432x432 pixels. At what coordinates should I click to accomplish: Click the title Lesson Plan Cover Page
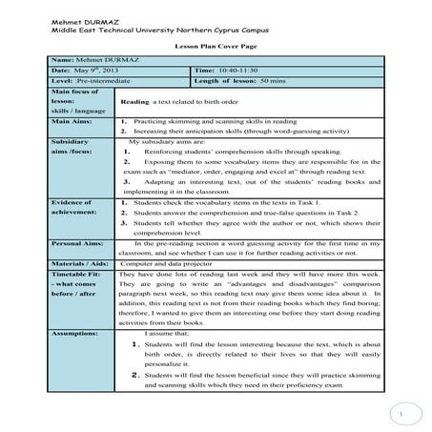coord(216,45)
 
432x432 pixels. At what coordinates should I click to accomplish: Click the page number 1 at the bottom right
coord(402,413)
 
